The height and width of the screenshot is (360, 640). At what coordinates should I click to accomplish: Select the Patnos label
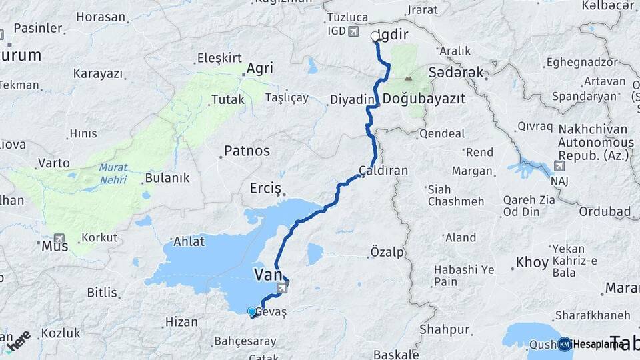pos(246,151)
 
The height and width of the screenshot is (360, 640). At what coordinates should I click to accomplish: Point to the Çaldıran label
pos(383,171)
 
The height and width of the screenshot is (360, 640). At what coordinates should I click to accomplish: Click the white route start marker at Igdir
pos(375,37)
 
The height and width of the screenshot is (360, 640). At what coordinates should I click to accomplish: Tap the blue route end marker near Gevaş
pos(251,311)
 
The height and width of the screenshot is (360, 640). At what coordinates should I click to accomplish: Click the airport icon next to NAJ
pos(559,165)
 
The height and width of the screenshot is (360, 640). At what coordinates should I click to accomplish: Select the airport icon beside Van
pos(284,288)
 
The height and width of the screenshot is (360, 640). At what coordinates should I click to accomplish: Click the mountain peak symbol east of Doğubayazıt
pos(407,80)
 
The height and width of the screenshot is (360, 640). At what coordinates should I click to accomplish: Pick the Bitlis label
pos(103,292)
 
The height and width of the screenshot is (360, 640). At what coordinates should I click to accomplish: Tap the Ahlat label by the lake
pos(189,241)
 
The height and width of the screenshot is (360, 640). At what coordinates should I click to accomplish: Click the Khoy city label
pos(532,263)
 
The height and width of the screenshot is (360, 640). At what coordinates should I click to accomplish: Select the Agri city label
pos(259,68)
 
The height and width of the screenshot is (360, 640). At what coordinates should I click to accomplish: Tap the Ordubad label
pos(605,212)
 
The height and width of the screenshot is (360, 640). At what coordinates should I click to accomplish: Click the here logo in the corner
pos(18,341)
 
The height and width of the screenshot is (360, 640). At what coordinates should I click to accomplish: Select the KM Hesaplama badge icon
pos(564,344)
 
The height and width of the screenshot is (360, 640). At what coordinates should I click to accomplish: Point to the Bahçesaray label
pos(245,341)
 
